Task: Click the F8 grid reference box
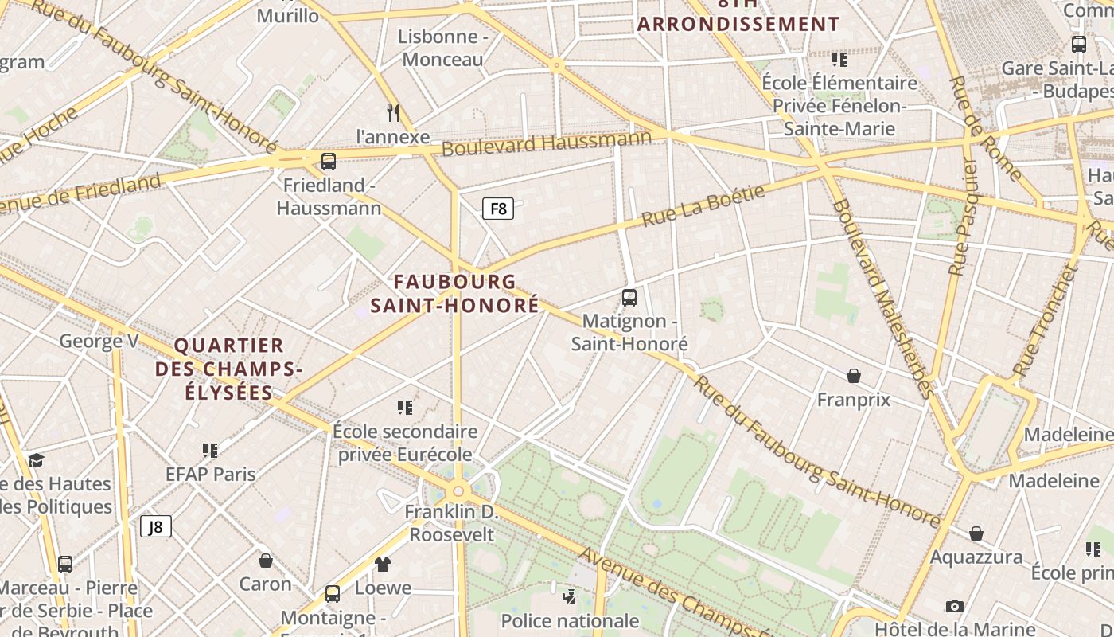tap(498, 209)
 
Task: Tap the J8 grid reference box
tap(156, 526)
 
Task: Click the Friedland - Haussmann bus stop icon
tap(329, 162)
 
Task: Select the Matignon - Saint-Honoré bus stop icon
tap(629, 298)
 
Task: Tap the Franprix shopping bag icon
tap(854, 376)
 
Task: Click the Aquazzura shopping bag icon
tap(976, 533)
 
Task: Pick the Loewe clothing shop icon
tap(383, 565)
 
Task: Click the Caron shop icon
tap(266, 561)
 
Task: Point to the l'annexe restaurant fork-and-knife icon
tap(392, 113)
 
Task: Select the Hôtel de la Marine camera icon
tap(955, 607)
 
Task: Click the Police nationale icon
tap(569, 596)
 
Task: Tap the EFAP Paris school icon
tap(210, 451)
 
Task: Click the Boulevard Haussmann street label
tap(546, 143)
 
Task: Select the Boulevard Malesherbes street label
tap(882, 298)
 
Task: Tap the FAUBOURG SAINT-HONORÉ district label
tap(454, 293)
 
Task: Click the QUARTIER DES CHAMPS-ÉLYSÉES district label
tap(229, 369)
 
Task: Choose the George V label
tap(99, 342)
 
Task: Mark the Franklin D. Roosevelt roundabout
tap(458, 491)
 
